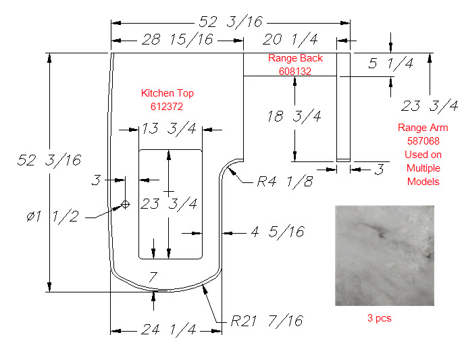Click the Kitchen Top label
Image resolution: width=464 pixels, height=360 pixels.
[167, 93]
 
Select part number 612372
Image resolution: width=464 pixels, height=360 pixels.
[167, 107]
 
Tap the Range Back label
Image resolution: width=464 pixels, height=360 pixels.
[295, 58]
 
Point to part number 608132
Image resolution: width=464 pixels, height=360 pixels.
[295, 72]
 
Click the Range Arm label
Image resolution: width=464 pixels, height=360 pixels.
[423, 128]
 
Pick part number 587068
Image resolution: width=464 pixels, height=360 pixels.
[423, 140]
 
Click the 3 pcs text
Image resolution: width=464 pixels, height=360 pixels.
[380, 318]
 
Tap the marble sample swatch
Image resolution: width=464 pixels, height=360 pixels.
[384, 255]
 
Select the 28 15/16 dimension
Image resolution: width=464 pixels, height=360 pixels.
[177, 39]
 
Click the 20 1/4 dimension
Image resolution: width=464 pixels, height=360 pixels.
[290, 39]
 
